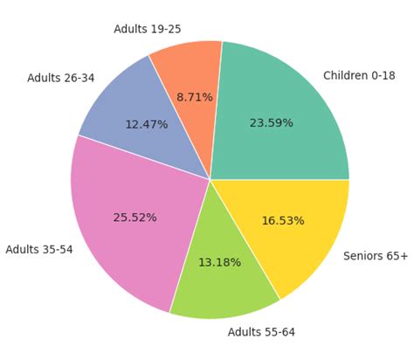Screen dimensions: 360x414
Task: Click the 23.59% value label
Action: (x=271, y=123)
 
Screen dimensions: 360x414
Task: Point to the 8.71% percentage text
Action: (x=194, y=97)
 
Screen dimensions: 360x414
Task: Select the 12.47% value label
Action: (x=146, y=125)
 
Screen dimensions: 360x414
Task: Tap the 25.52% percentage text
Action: (x=135, y=218)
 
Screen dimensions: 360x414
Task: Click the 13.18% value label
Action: (x=219, y=262)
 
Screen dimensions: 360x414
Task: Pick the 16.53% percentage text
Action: (x=283, y=221)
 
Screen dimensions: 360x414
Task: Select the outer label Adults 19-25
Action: (x=148, y=30)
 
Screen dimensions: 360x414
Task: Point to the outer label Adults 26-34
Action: (x=60, y=78)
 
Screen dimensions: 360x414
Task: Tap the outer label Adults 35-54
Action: (x=39, y=250)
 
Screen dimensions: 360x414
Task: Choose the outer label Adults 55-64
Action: (x=261, y=332)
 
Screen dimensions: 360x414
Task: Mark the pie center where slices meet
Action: (x=210, y=180)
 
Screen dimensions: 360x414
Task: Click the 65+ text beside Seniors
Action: (x=397, y=256)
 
